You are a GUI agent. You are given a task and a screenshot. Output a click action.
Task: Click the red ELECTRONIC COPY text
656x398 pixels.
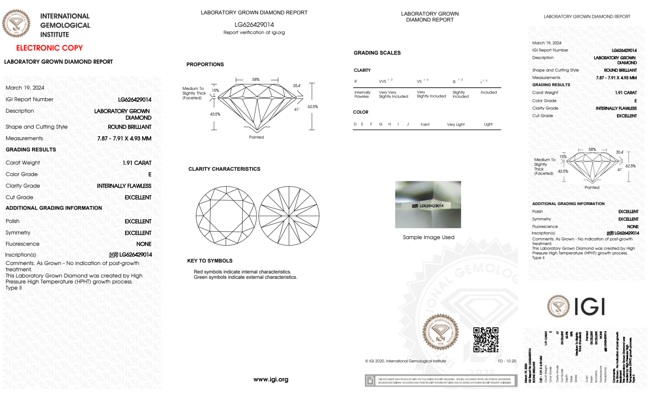50,48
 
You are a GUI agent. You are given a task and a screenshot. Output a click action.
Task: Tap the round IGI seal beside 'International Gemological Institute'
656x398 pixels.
16,24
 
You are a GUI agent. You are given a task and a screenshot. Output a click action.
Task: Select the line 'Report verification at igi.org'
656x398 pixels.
254,32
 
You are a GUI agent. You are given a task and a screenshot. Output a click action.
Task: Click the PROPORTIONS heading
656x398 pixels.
205,65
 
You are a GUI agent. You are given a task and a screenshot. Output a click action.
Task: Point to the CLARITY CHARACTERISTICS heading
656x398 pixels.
224,169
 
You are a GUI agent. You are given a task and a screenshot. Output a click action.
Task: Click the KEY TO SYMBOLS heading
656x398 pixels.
210,261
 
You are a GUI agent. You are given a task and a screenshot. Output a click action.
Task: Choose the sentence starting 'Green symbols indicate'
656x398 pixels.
245,277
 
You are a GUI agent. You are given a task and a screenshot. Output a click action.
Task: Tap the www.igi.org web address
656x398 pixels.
271,379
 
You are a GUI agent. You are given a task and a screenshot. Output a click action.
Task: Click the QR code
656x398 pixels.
486,340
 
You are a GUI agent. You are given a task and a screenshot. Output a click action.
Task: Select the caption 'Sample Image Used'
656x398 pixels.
428,237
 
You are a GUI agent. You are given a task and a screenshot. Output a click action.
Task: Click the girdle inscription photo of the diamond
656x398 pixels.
428,205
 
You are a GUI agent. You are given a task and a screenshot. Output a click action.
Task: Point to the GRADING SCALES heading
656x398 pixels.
377,53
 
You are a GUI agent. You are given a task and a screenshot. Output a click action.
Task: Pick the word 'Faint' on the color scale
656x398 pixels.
425,124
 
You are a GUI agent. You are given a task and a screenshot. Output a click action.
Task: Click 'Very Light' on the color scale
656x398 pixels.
456,124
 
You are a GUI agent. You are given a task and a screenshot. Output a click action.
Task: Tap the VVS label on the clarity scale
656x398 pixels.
383,82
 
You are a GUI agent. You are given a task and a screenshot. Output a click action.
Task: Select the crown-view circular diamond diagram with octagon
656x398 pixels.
226,216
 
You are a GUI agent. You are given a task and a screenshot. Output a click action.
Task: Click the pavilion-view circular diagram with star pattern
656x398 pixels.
289,216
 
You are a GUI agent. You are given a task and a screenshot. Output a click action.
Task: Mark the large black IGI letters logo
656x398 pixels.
590,307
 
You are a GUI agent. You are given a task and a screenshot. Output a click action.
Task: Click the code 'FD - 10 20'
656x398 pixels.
507,361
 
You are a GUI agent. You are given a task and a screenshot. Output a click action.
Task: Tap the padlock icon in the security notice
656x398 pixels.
370,381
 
